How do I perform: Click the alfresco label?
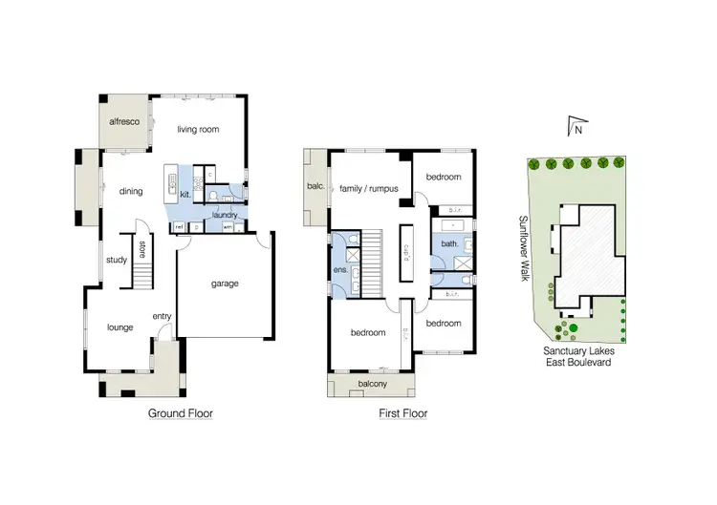click(x=124, y=122)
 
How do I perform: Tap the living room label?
click(x=199, y=130)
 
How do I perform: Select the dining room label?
click(x=131, y=191)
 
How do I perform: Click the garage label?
click(x=225, y=284)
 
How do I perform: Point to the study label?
click(x=117, y=259)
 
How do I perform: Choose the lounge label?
click(x=119, y=327)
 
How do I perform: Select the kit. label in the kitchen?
click(x=185, y=195)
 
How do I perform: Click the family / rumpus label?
click(x=369, y=188)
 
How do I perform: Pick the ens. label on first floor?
click(x=339, y=271)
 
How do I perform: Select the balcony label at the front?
click(x=371, y=384)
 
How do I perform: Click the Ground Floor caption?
click(x=180, y=414)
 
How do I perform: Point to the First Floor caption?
click(x=402, y=414)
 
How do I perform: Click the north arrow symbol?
click(x=575, y=125)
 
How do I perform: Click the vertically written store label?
click(x=142, y=250)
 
